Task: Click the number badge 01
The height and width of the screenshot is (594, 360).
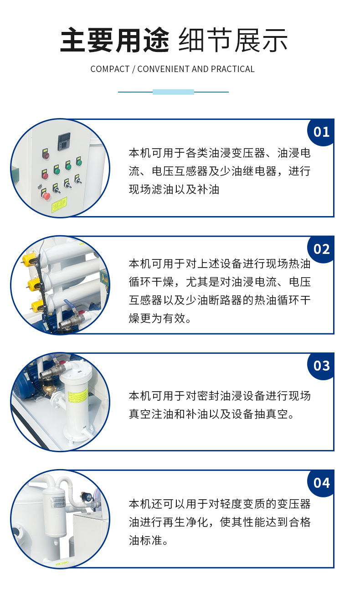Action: click(321, 132)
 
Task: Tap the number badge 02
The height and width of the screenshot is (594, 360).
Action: click(321, 249)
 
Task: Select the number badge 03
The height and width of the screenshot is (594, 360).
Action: click(321, 366)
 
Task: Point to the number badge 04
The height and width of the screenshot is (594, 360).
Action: click(321, 483)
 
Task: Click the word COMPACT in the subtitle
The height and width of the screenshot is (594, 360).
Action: click(110, 69)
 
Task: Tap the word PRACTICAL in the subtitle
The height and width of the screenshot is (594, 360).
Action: click(232, 69)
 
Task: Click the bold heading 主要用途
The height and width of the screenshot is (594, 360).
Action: click(115, 40)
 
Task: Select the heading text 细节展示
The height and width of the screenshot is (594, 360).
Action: click(233, 40)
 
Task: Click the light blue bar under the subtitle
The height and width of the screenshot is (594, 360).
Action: click(173, 92)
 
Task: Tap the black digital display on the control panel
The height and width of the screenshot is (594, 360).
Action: click(64, 141)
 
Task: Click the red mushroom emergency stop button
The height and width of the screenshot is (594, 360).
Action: click(46, 196)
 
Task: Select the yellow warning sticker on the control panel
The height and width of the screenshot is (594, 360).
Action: click(59, 204)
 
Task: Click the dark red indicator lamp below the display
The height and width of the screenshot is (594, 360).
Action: click(46, 155)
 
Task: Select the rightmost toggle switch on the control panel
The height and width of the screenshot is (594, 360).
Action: click(77, 179)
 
